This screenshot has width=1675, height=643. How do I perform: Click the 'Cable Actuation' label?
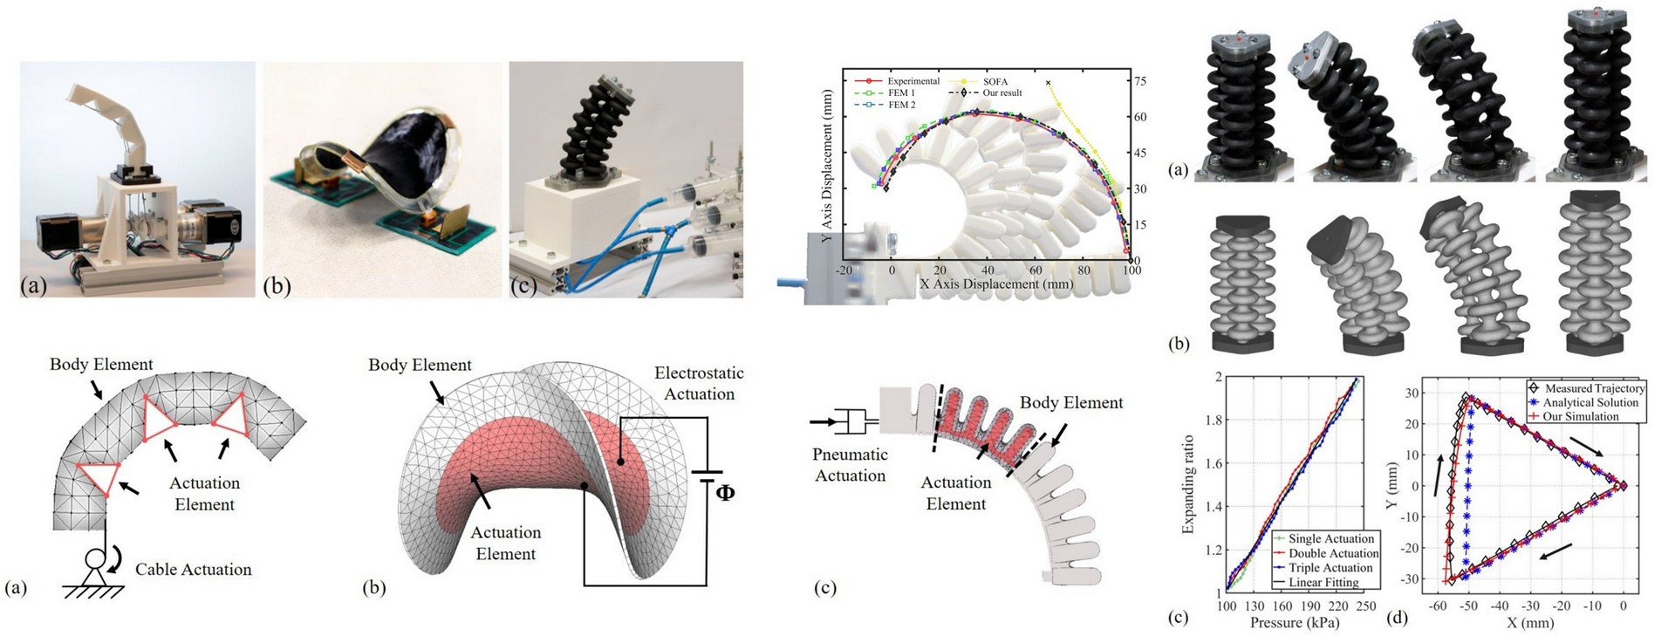click(x=193, y=570)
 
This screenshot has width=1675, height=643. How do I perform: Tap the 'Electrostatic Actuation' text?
click(x=699, y=383)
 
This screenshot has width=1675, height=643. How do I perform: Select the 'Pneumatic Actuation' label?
click(x=850, y=465)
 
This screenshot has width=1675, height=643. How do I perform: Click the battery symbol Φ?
click(x=724, y=492)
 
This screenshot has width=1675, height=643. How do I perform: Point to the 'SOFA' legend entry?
click(x=995, y=82)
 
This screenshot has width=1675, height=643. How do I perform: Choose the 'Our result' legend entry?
click(x=1002, y=92)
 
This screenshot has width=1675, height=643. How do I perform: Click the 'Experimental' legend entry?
click(x=913, y=81)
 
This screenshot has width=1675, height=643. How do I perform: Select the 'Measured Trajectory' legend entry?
click(x=1595, y=388)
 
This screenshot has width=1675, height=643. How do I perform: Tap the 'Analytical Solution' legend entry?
click(x=1590, y=402)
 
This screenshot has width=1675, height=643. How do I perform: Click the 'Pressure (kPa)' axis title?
click(x=1294, y=623)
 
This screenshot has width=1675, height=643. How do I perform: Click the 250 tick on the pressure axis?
click(x=1366, y=606)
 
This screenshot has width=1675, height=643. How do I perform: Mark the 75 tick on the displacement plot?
click(x=1139, y=81)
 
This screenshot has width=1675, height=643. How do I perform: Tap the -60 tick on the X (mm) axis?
click(x=1436, y=605)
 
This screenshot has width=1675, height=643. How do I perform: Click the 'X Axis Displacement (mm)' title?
click(x=997, y=284)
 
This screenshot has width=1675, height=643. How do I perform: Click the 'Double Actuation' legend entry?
click(x=1333, y=553)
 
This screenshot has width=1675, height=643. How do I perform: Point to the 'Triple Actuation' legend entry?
click(x=1330, y=567)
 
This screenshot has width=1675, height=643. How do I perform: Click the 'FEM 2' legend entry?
click(x=902, y=105)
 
